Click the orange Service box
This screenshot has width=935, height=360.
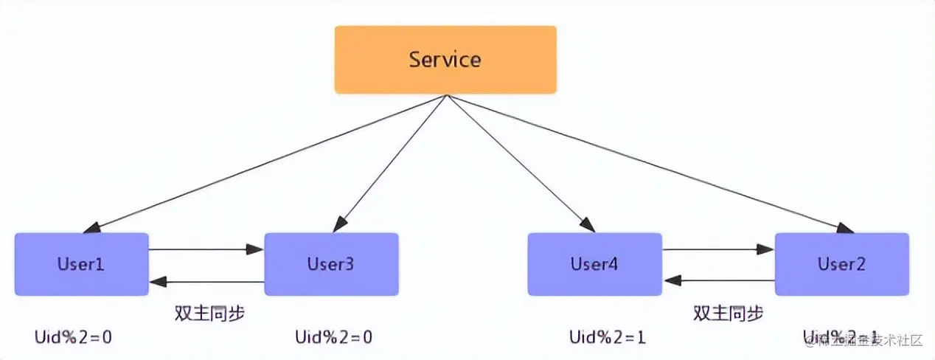tap(445, 60)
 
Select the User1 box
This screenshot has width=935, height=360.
tap(81, 264)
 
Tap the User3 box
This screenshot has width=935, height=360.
tap(331, 264)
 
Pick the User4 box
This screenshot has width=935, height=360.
tap(594, 264)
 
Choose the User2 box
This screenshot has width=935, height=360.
tap(841, 264)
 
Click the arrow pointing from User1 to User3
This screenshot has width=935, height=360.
tap(206, 250)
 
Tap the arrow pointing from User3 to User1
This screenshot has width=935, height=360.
tap(206, 282)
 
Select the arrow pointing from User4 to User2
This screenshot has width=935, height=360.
tap(718, 250)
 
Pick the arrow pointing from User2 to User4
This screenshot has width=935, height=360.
tap(718, 281)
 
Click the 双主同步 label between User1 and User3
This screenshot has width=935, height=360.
tap(209, 313)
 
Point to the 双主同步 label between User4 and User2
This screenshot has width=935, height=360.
tap(728, 313)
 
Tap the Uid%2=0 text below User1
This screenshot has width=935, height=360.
tap(73, 338)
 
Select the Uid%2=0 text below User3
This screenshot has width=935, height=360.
tap(333, 338)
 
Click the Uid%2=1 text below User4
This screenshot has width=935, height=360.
tap(608, 338)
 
